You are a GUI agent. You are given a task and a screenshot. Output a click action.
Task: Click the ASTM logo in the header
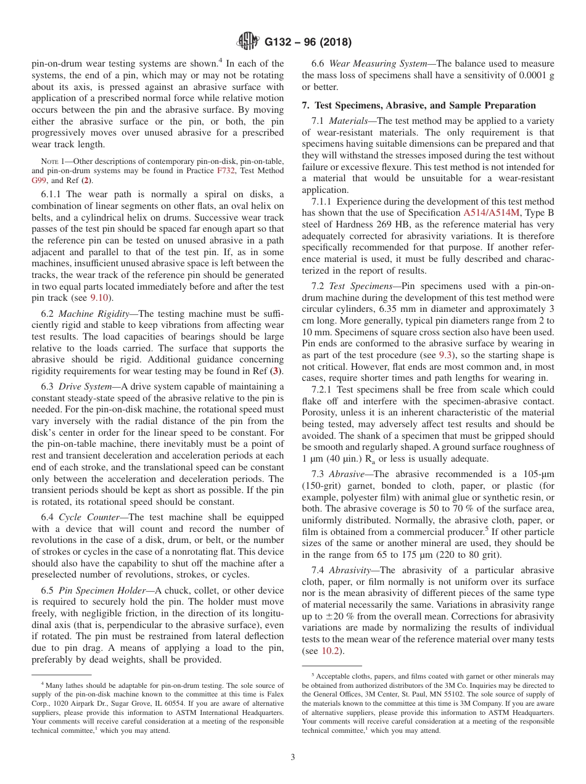(248, 42)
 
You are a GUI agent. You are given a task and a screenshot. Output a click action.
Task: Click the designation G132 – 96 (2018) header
(308, 43)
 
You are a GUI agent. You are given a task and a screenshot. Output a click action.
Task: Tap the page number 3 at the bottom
(293, 757)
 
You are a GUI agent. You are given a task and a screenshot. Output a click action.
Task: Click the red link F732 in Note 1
(226, 171)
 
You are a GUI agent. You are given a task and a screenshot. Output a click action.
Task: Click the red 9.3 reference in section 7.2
(445, 356)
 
